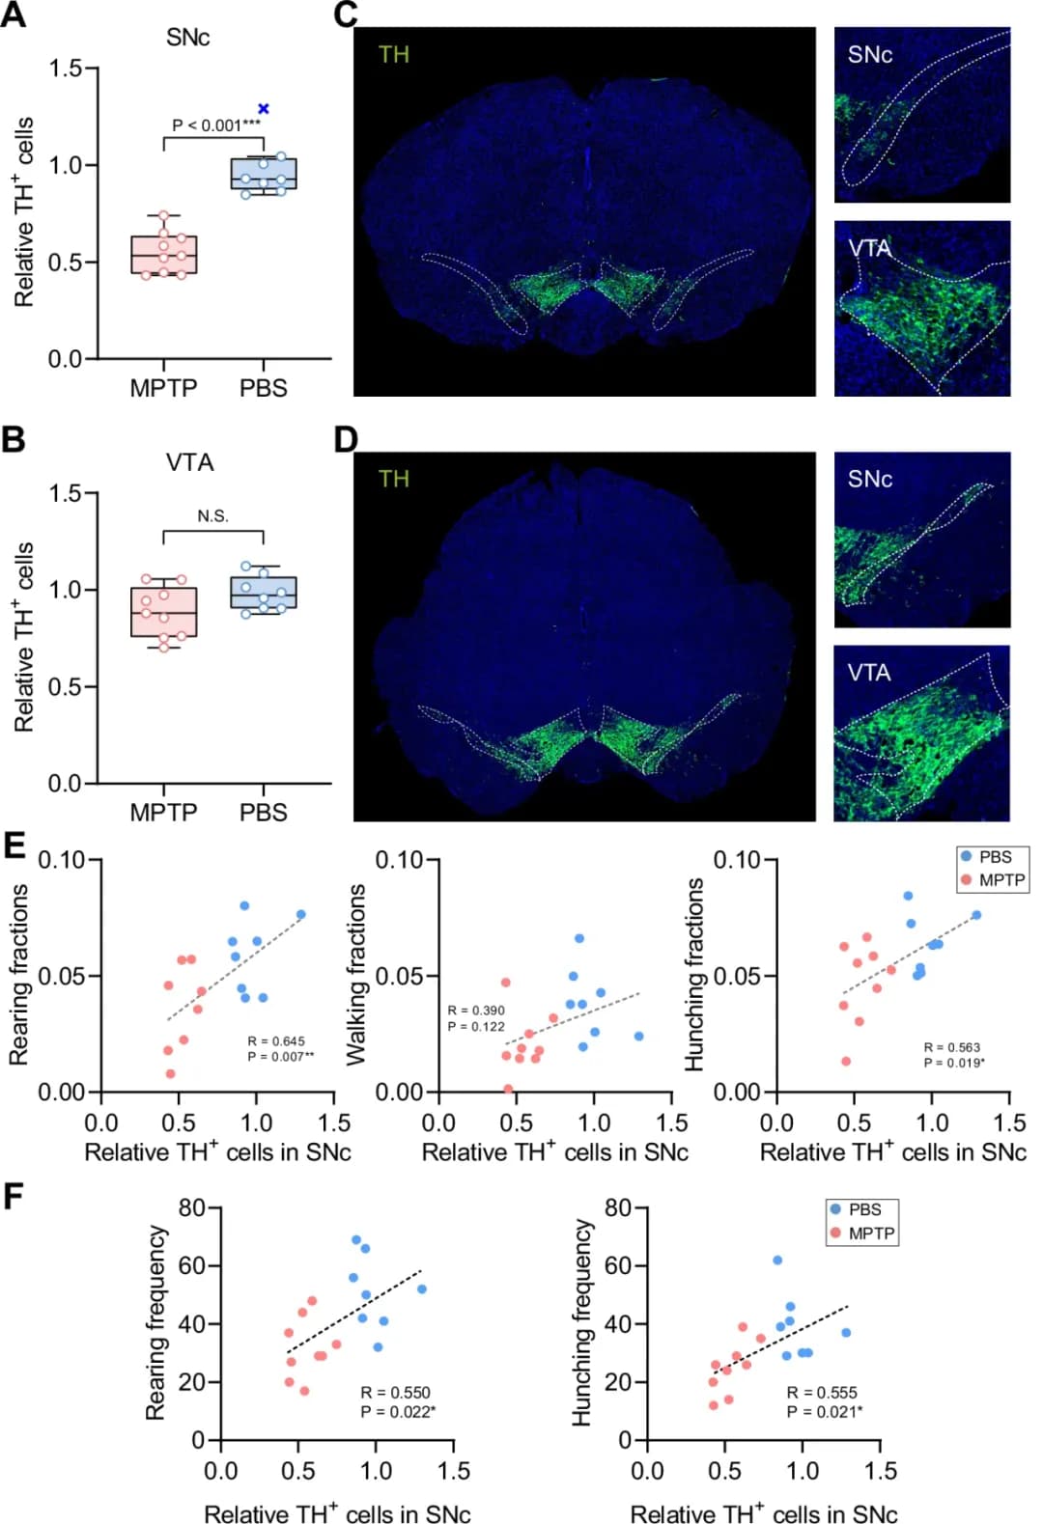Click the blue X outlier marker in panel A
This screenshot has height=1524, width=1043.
click(264, 109)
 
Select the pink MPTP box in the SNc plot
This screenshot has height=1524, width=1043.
click(164, 255)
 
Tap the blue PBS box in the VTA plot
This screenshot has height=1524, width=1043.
click(264, 593)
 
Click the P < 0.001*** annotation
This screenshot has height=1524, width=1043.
click(215, 125)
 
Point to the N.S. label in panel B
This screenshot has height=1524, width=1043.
click(213, 516)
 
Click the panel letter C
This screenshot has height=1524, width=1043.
click(346, 15)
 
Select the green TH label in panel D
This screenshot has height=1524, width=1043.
click(394, 479)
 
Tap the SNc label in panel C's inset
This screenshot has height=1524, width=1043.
click(869, 55)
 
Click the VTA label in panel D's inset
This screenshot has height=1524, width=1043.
click(869, 673)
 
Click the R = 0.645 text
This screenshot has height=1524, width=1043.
click(276, 1041)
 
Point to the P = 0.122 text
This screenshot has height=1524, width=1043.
click(476, 1027)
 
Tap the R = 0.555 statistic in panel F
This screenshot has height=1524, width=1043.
click(822, 1393)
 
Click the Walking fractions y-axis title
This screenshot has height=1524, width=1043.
click(355, 975)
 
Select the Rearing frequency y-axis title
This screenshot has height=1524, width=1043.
click(155, 1322)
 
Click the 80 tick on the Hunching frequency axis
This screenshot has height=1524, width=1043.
click(618, 1207)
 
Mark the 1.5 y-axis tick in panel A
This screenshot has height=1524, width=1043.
click(67, 69)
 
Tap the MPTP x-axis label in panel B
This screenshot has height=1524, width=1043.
click(163, 813)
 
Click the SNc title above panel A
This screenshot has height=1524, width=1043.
click(187, 38)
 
